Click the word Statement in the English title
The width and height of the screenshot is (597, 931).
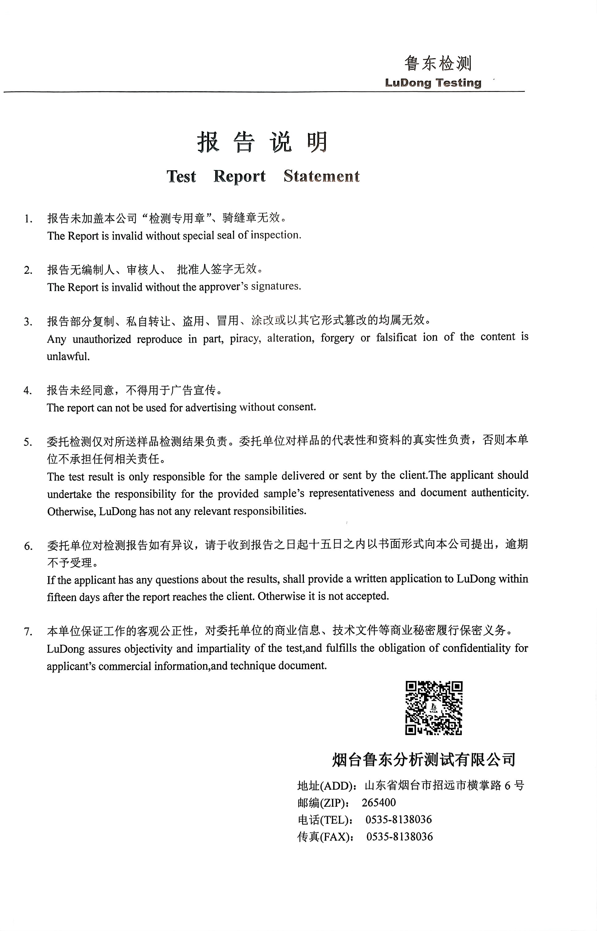(x=322, y=176)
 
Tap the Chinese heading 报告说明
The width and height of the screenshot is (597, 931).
(x=263, y=142)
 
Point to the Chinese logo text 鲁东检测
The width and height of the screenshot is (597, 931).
(x=438, y=63)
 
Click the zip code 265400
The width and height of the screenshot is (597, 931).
(x=379, y=802)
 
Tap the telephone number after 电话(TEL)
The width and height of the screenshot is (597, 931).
(x=398, y=820)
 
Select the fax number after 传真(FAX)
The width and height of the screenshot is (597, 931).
(x=399, y=837)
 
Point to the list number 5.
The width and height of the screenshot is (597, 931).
(x=27, y=442)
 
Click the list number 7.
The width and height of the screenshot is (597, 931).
(x=27, y=632)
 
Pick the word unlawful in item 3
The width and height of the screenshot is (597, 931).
(x=68, y=357)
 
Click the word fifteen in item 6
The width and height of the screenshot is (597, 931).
(x=61, y=597)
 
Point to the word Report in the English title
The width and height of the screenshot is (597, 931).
(x=239, y=176)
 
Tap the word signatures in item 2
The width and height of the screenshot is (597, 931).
(x=275, y=286)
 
